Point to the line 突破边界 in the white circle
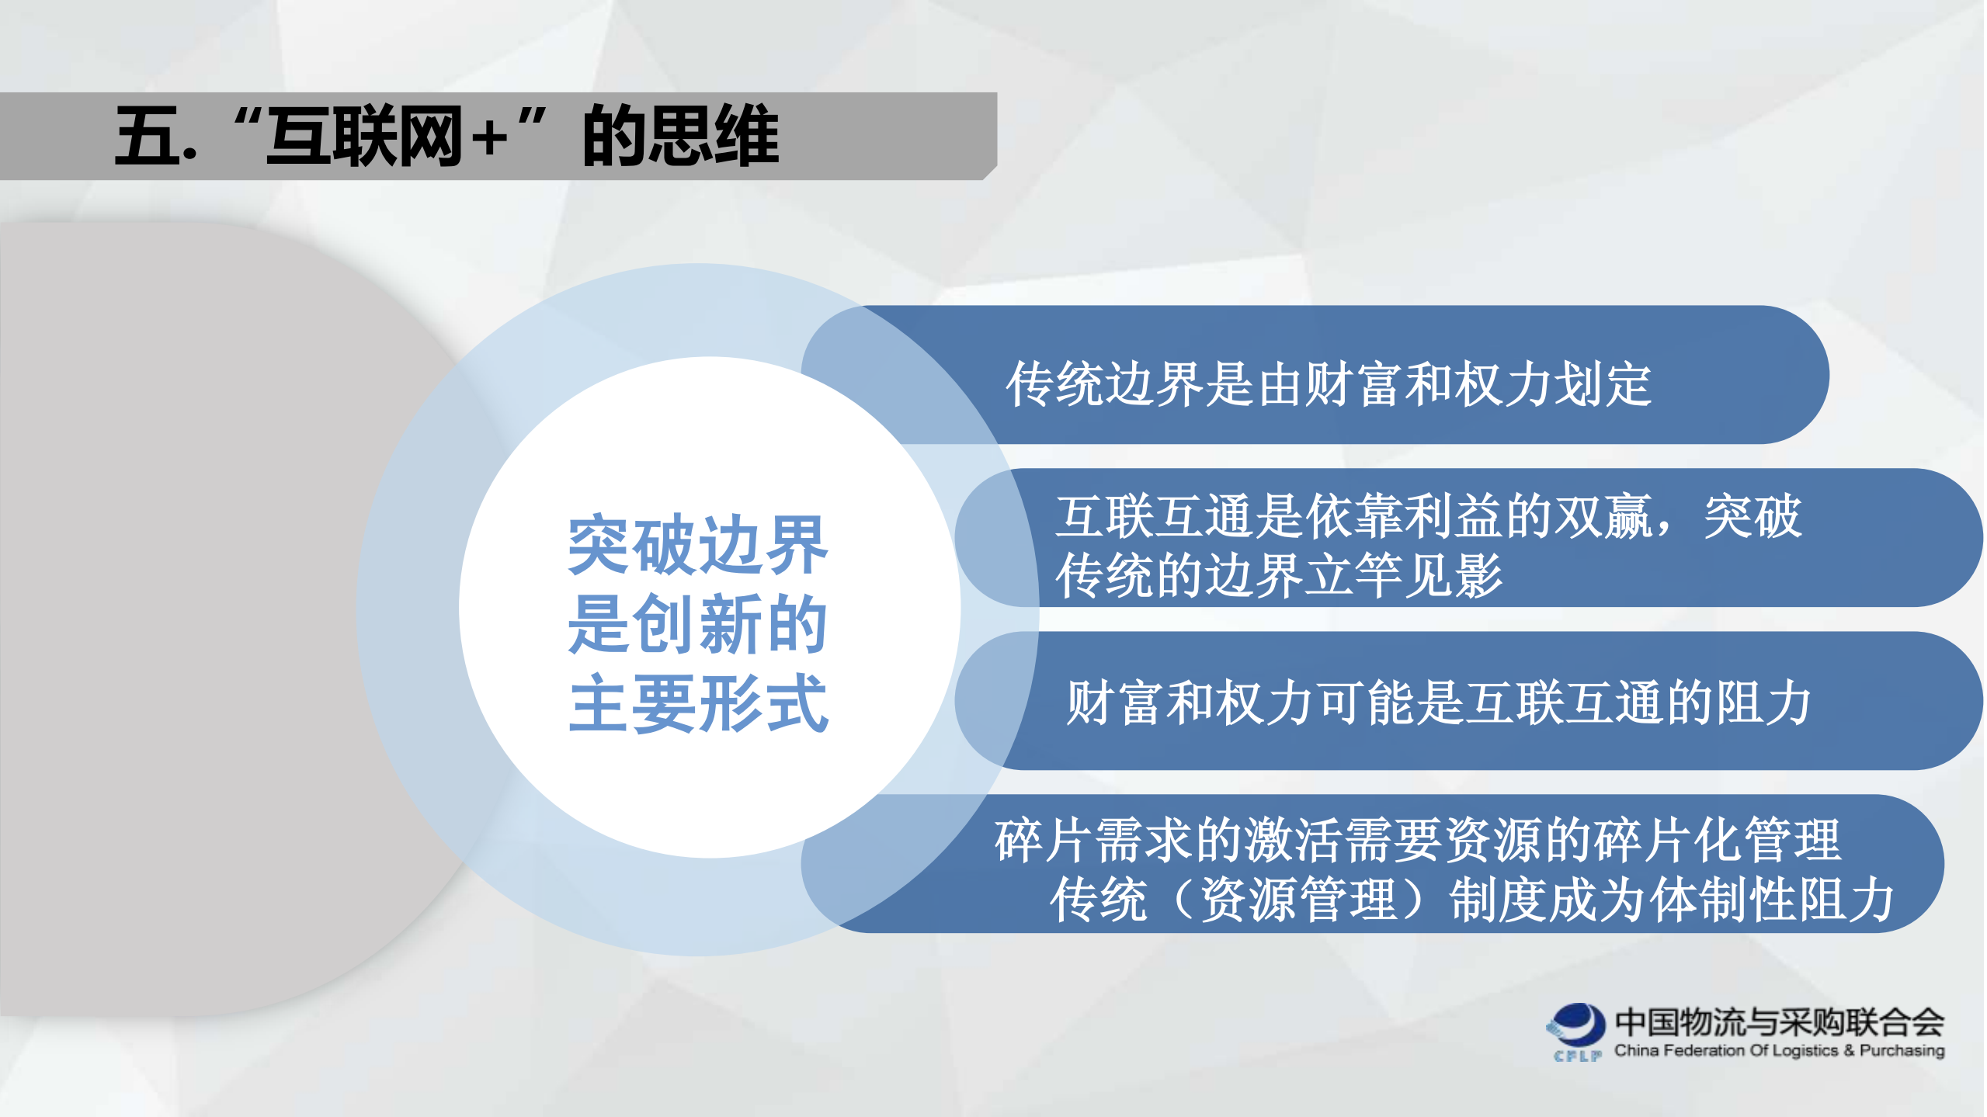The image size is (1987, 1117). (x=697, y=545)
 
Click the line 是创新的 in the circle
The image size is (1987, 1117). (x=697, y=624)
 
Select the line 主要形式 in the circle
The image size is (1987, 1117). (x=697, y=703)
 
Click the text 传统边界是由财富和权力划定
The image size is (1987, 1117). (x=1328, y=383)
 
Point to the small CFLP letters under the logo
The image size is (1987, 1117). (x=1577, y=1056)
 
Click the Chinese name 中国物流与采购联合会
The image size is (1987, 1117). (x=1779, y=1022)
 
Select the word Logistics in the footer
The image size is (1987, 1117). (x=1805, y=1050)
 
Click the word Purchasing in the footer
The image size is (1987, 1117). (x=1902, y=1050)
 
